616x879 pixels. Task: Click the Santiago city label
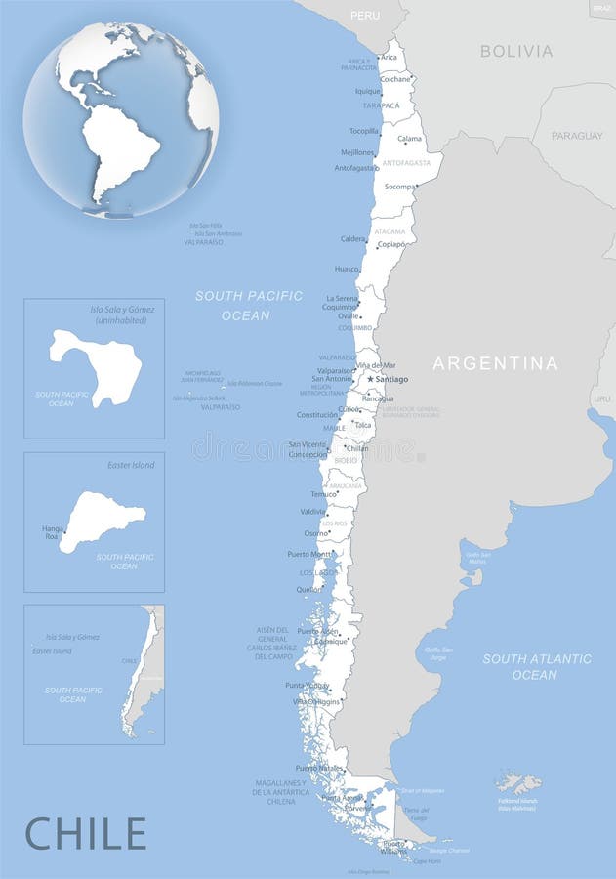(x=391, y=379)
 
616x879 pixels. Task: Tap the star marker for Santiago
(x=370, y=379)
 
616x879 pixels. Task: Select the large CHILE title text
(x=86, y=833)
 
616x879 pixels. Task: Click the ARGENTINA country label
(x=496, y=363)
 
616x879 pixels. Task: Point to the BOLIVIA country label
(x=516, y=51)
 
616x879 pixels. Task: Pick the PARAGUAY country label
(x=577, y=136)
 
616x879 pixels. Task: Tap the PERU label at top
(x=365, y=16)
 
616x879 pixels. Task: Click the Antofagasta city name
(x=355, y=168)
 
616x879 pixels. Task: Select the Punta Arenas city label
(x=342, y=798)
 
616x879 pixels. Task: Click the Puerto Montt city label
(x=308, y=554)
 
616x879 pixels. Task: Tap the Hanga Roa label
(x=53, y=533)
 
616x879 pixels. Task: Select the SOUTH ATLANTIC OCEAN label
(x=536, y=666)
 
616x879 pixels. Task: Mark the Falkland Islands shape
(x=518, y=782)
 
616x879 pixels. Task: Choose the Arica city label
(x=389, y=58)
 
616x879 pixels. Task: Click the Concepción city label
(x=308, y=454)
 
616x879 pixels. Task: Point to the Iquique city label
(x=368, y=91)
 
